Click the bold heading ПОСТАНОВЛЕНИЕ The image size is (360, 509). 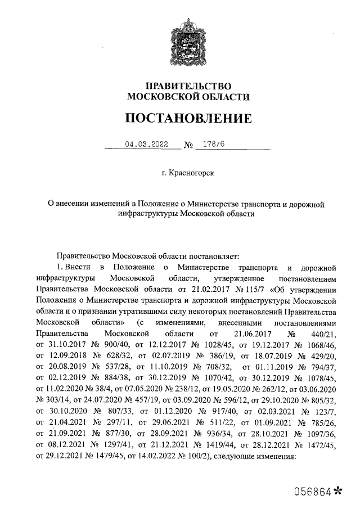coord(187,119)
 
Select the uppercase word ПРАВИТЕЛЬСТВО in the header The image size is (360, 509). coord(188,86)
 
